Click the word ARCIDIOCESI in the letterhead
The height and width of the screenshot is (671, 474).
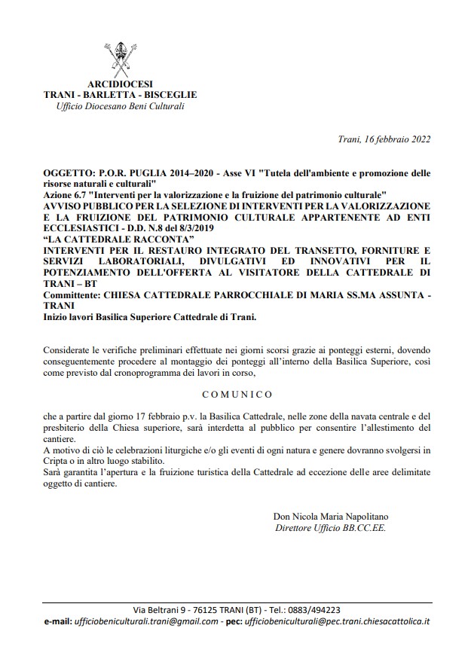[x=121, y=85]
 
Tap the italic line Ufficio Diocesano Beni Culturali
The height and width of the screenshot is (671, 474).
[x=121, y=106]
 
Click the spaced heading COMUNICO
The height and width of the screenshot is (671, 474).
[x=237, y=394]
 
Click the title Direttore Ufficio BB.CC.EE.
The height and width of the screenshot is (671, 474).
[x=332, y=528]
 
